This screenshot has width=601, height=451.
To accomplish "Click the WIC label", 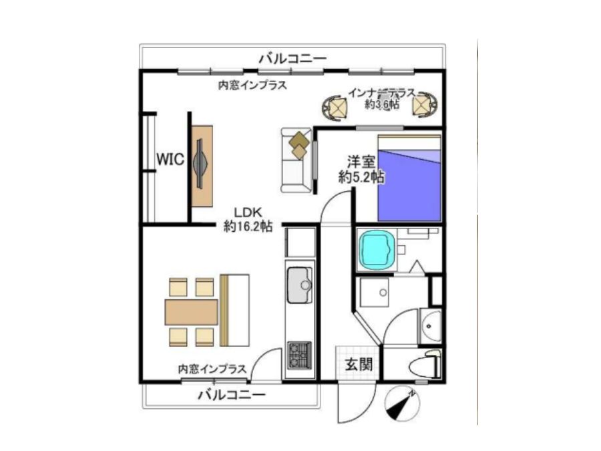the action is (x=170, y=159).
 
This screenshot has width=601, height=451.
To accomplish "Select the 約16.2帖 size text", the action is (x=248, y=227).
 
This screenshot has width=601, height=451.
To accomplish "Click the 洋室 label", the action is (x=361, y=161).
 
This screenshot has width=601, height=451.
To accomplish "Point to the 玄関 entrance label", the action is (x=359, y=364).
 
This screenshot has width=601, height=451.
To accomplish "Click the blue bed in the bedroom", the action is (x=409, y=178).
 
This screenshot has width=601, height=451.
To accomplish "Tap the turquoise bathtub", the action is (x=377, y=249).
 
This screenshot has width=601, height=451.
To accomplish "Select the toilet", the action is (x=425, y=365).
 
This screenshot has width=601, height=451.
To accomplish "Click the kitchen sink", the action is (x=300, y=285).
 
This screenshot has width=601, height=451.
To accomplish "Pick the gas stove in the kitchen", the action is (x=300, y=355).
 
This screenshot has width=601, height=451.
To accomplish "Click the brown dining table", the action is (x=191, y=312).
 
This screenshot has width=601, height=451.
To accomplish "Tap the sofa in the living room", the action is (x=296, y=160).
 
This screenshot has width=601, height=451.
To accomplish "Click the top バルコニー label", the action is (x=293, y=59).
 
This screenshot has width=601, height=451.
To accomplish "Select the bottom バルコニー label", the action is (x=232, y=395).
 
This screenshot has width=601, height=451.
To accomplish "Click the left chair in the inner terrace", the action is (x=335, y=108).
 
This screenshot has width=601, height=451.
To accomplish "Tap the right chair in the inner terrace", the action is (x=425, y=105).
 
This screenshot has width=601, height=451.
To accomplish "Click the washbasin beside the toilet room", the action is (x=431, y=326).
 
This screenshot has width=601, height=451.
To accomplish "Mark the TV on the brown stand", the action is (x=201, y=164).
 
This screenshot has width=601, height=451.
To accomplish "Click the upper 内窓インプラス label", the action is (x=252, y=85).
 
